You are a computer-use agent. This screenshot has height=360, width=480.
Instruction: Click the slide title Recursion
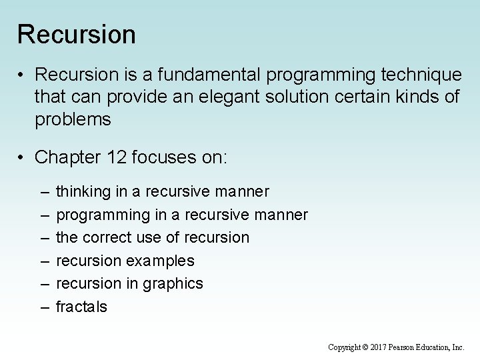coord(76,35)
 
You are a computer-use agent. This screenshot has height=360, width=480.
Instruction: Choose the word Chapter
coord(67,157)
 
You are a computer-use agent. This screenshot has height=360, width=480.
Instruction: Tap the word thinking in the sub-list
coord(83,192)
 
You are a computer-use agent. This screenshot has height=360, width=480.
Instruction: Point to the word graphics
coord(174,283)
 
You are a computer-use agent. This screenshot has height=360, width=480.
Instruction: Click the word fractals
coord(81,307)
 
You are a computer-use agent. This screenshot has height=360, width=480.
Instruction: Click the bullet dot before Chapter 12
coord(22,157)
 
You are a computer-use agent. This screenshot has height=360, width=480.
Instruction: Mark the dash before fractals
coord(44,307)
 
